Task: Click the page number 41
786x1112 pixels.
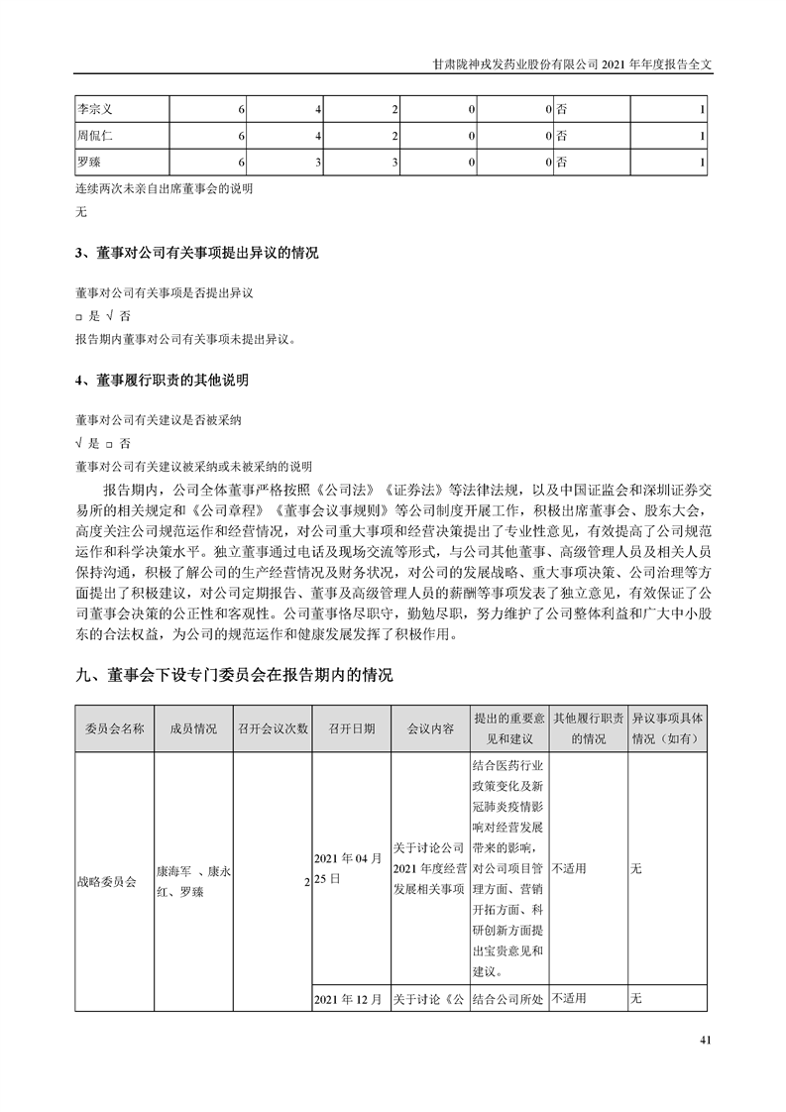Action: tap(706, 1040)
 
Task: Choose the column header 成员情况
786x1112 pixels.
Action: tap(192, 728)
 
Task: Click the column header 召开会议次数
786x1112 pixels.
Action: tap(272, 728)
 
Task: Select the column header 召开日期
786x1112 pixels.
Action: tap(351, 728)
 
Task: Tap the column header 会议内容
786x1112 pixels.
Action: tap(430, 728)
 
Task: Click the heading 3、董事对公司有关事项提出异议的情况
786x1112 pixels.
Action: tap(196, 254)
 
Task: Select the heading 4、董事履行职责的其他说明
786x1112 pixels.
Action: tap(162, 381)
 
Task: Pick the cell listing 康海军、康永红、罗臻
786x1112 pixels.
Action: tap(192, 878)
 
